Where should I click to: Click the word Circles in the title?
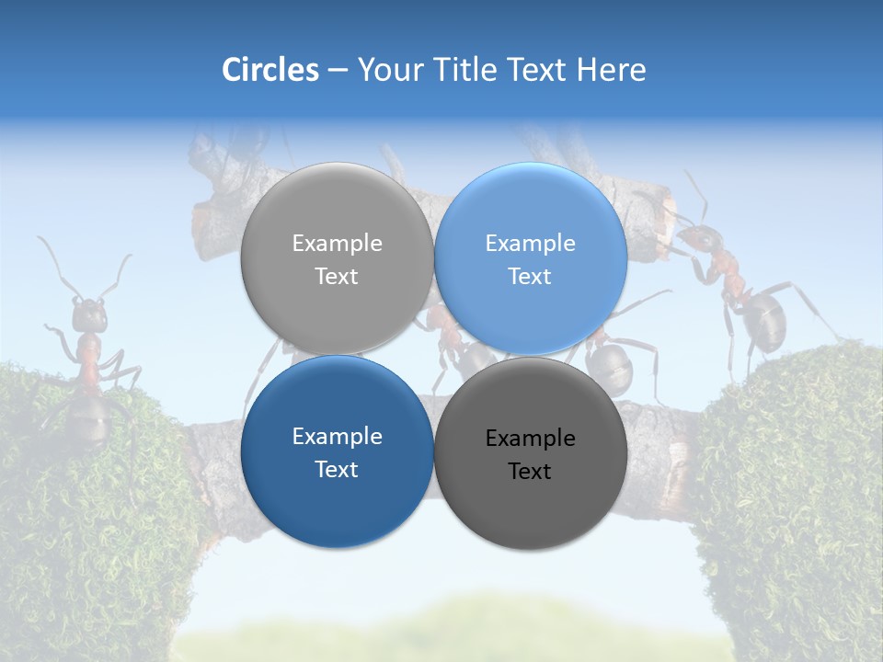click(x=269, y=70)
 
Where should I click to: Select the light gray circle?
click(x=337, y=258)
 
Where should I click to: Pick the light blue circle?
click(x=531, y=258)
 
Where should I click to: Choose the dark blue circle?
click(x=337, y=451)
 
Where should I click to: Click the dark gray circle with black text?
click(x=531, y=453)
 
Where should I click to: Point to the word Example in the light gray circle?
click(x=337, y=244)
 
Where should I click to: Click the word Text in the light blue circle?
click(x=530, y=276)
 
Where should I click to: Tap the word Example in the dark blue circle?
click(x=337, y=437)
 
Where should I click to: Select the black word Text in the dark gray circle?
click(x=530, y=472)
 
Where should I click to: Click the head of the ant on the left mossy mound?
click(x=89, y=314)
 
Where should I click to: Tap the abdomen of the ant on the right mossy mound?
click(x=765, y=318)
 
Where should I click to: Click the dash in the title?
click(x=338, y=71)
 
